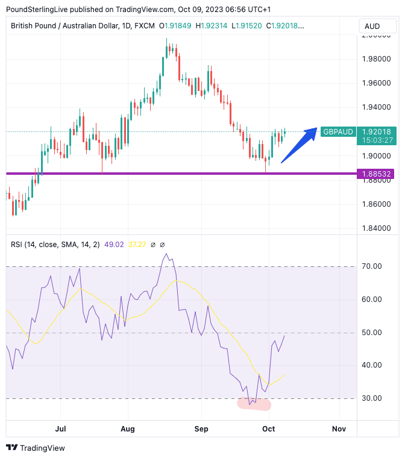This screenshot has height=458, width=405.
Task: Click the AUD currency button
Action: pyautogui.click(x=372, y=27)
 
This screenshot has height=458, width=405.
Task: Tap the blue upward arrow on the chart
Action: pyautogui.click(x=300, y=144)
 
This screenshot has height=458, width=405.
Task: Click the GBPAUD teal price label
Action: pyautogui.click(x=337, y=131)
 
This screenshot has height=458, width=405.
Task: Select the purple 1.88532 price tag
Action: pyautogui.click(x=377, y=174)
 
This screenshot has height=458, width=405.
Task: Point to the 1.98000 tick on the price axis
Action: pyautogui.click(x=376, y=59)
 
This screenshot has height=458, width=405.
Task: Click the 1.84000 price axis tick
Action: pyautogui.click(x=376, y=228)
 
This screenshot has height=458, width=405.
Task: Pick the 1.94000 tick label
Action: pyautogui.click(x=376, y=107)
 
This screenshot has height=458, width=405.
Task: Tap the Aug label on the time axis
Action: pyautogui.click(x=128, y=428)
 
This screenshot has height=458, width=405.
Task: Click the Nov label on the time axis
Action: pyautogui.click(x=339, y=428)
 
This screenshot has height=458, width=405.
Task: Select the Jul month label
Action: pyautogui.click(x=60, y=428)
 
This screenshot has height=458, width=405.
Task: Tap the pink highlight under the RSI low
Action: pyautogui.click(x=255, y=404)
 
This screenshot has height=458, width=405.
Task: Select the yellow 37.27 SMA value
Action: pyautogui.click(x=137, y=245)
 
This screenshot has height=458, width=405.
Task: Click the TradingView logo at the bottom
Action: pyautogui.click(x=36, y=448)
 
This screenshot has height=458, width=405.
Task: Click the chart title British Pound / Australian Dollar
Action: pyautogui.click(x=67, y=26)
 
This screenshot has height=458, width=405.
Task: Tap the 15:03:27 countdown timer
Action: pyautogui.click(x=377, y=140)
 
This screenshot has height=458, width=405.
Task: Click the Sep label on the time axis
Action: pyautogui.click(x=201, y=428)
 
